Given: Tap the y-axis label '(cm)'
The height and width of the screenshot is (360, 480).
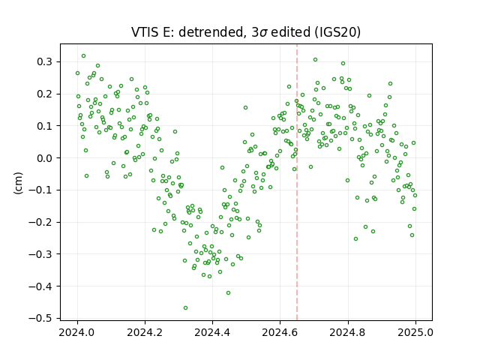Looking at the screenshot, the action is (18, 183).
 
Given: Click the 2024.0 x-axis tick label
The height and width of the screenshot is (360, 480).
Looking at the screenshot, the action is (77, 332).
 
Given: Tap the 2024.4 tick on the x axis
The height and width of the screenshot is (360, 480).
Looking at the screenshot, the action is (212, 321).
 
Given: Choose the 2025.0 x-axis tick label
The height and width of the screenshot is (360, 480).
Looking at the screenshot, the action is (415, 332).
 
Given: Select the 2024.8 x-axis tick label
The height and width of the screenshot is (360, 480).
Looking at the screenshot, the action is (348, 332).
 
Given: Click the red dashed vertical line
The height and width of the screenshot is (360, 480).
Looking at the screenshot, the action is (297, 182).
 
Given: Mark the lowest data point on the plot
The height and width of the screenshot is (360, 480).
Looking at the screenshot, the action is (185, 307).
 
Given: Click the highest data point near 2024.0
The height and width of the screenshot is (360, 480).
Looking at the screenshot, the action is (83, 56).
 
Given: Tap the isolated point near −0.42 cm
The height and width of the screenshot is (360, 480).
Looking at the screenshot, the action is (228, 293).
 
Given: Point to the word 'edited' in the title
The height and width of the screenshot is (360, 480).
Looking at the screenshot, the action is (291, 31).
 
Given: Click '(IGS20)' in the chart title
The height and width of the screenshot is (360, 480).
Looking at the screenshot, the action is (337, 31).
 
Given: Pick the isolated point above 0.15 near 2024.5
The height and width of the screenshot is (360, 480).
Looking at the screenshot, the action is (245, 108).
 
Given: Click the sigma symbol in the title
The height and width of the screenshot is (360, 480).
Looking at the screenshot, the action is (263, 33).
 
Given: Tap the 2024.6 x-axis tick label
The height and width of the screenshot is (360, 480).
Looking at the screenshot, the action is (280, 332).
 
